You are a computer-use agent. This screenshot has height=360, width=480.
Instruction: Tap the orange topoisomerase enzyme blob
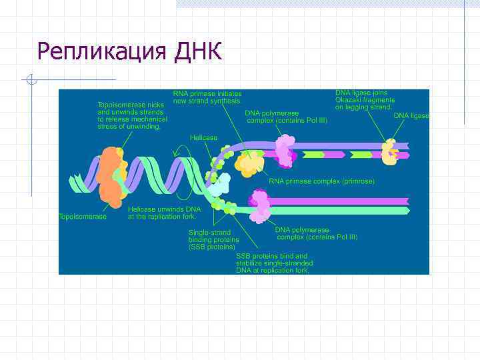click(x=110, y=176)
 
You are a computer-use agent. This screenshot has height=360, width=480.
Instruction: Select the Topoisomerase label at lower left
click(x=83, y=217)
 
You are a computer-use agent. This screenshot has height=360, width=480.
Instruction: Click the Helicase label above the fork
click(x=203, y=137)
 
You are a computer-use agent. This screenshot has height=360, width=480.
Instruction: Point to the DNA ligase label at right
click(x=411, y=115)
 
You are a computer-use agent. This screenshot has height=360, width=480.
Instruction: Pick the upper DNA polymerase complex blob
click(x=285, y=150)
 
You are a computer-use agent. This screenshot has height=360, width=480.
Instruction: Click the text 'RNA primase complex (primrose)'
click(x=321, y=181)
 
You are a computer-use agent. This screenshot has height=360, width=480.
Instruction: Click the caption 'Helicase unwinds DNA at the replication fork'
click(x=155, y=213)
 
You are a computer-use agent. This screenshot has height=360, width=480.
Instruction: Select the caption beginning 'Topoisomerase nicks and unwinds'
click(x=132, y=115)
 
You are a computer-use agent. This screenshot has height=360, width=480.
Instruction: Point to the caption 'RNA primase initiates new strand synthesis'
click(x=207, y=97)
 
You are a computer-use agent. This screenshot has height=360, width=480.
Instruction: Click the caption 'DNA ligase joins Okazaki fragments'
click(x=364, y=100)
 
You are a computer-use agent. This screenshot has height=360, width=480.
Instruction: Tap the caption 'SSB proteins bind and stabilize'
click(x=274, y=263)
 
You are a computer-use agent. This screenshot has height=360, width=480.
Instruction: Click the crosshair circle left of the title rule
click(x=30, y=81)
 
